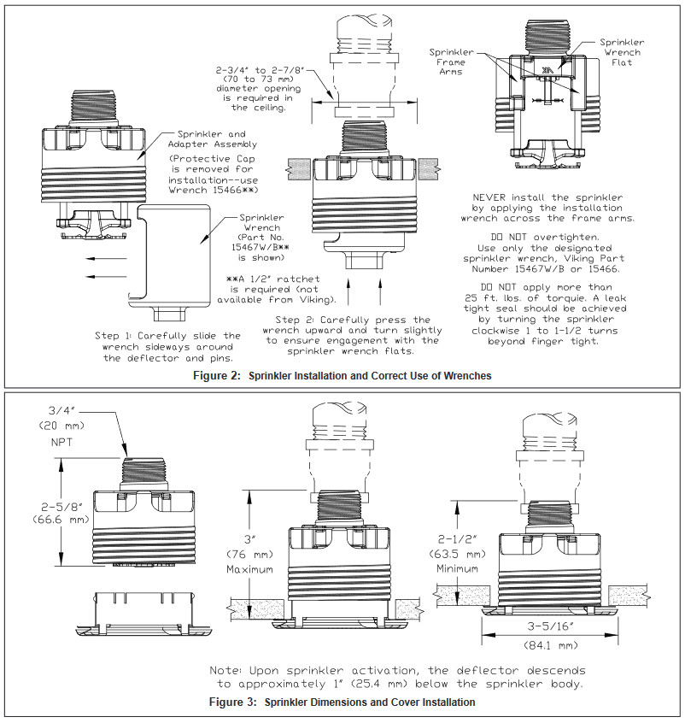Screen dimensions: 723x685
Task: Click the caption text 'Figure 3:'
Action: pyautogui.click(x=234, y=702)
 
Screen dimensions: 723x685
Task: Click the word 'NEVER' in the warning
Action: pyautogui.click(x=495, y=197)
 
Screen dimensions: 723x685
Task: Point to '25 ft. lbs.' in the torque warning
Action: pyautogui.click(x=506, y=288)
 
